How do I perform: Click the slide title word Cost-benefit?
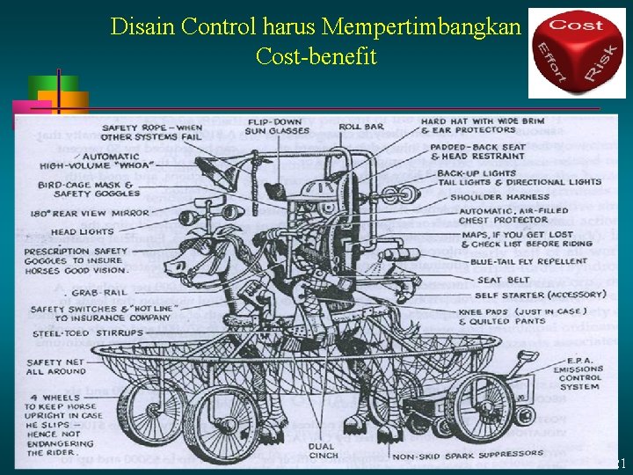pos(316,57)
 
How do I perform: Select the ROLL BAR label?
pos(361,127)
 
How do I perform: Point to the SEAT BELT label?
pos(502,280)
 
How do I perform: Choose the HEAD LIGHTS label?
pos(82,232)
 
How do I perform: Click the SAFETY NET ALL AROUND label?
pos(57,366)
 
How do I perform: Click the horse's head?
pos(190,260)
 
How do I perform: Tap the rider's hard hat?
pos(318,191)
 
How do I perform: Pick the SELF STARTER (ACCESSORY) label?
pos(541,295)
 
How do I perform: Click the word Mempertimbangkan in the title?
pos(422,26)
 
